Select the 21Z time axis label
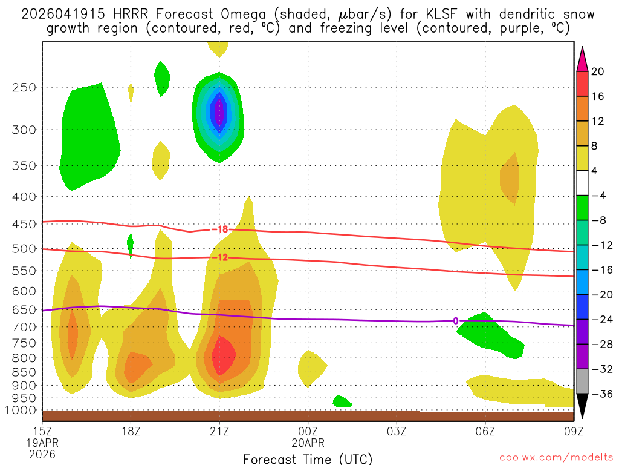pos(219,432)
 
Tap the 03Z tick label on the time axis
pos(397,432)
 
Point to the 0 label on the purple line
pos(455,321)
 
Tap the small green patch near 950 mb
pos(342,401)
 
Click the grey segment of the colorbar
pos(582,381)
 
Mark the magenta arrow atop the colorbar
pos(582,59)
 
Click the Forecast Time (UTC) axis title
pos(308,458)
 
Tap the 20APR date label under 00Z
pos(308,443)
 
